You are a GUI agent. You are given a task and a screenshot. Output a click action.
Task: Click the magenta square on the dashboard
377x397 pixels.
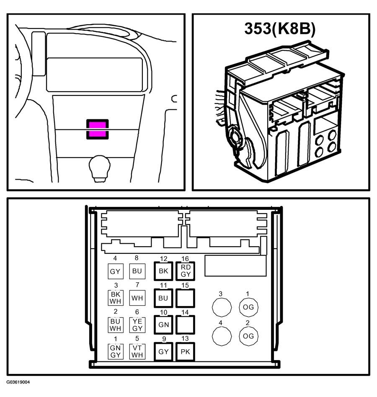pos(98,129)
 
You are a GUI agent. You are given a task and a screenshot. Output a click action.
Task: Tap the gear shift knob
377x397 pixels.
pos(100,168)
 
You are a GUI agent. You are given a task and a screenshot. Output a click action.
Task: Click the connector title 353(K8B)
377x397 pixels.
pos(280,28)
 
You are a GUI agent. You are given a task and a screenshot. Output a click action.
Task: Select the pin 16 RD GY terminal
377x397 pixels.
pos(185,271)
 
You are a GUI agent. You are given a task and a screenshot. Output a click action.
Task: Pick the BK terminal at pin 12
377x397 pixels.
pos(163,271)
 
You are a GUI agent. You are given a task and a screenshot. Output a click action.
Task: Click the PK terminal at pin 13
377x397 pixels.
pos(185,352)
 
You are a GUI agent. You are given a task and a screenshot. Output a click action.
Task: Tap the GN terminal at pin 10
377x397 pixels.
pos(163,325)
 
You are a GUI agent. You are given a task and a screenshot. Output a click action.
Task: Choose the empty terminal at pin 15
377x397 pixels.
pos(185,298)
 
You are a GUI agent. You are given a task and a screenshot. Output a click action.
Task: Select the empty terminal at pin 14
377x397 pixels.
pos(185,325)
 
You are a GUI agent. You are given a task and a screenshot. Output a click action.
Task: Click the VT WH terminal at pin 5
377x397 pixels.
pos(137,351)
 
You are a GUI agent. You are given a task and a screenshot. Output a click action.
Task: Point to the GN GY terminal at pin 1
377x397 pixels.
pos(116,351)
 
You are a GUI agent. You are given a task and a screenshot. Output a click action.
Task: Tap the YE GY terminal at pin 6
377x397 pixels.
pos(137,325)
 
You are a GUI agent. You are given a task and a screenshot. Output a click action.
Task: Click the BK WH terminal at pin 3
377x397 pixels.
pos(116,298)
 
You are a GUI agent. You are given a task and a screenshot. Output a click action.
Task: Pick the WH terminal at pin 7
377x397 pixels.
pos(137,298)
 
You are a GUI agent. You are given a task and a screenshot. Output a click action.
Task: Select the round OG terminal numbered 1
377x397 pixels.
pos(248,307)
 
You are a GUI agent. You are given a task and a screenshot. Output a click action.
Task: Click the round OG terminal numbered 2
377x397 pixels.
pos(248,336)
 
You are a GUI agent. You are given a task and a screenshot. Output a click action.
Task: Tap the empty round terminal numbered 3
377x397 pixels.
pos(222,307)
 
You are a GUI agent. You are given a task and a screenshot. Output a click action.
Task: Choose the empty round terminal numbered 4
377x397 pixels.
pos(222,336)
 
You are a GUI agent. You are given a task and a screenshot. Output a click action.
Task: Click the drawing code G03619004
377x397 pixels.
pos(18,382)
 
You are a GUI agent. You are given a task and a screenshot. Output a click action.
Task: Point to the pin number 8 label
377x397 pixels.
pos(137,258)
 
